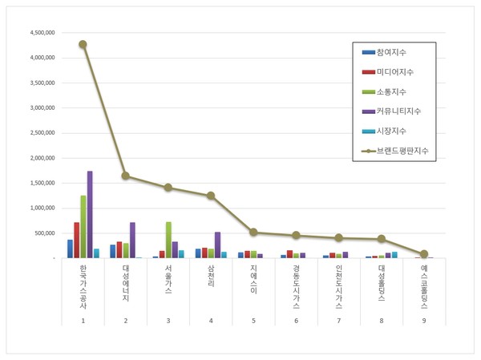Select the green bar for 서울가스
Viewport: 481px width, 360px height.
point(168,240)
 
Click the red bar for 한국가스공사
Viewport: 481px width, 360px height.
point(77,240)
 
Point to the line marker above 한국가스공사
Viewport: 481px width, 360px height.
point(83,45)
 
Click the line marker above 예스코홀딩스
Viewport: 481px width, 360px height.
point(424,254)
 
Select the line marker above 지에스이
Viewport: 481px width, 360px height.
point(253,233)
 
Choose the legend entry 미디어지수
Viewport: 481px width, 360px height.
point(397,71)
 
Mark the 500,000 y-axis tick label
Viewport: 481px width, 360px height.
point(45,233)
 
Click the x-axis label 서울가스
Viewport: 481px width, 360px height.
point(168,280)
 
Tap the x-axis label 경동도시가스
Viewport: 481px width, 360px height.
point(296,288)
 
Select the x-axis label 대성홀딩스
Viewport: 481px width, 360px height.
point(381,284)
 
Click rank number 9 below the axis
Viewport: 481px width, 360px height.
point(424,320)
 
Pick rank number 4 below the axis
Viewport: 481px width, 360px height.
point(211,320)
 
